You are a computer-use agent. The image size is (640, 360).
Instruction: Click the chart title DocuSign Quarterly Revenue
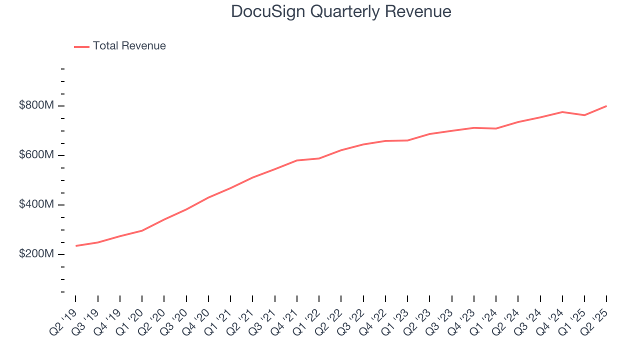(341, 11)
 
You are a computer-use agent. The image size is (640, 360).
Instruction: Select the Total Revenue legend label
(129, 46)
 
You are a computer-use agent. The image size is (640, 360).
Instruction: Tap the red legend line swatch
(81, 46)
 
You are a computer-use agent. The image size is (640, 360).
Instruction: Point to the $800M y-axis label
(36, 106)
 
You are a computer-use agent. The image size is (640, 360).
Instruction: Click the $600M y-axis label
(36, 155)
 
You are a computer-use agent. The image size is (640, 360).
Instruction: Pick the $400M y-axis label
(36, 205)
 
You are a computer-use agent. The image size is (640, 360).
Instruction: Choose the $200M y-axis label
(36, 254)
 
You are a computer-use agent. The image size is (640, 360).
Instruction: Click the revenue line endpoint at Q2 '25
(606, 106)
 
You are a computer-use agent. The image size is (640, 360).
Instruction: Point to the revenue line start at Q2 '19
(76, 246)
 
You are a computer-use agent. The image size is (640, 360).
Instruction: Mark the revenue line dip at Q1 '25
(584, 115)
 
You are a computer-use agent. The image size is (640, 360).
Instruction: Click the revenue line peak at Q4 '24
(562, 112)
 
